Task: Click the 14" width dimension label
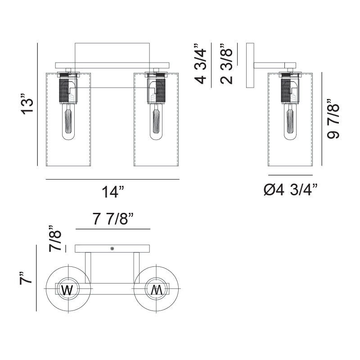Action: (112, 192)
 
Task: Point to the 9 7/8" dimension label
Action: (334, 119)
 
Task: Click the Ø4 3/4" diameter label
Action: (290, 191)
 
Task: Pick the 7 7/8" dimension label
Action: (113, 219)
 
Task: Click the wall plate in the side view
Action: (250, 65)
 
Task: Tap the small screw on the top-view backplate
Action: (112, 248)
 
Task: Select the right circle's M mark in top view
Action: (156, 290)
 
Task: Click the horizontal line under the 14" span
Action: (112, 180)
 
